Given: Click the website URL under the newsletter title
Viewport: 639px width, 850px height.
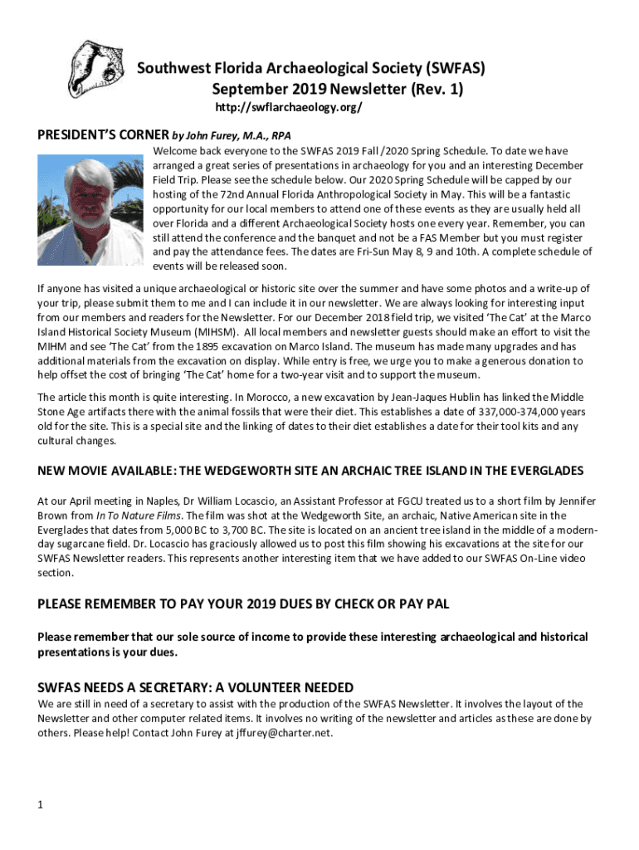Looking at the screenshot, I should tap(288, 109).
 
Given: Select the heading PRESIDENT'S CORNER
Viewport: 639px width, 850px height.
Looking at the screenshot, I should tap(102, 135).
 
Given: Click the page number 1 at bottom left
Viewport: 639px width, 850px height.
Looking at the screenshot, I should tap(41, 804).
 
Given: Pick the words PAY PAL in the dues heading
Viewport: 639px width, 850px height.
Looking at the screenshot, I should tap(420, 603).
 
